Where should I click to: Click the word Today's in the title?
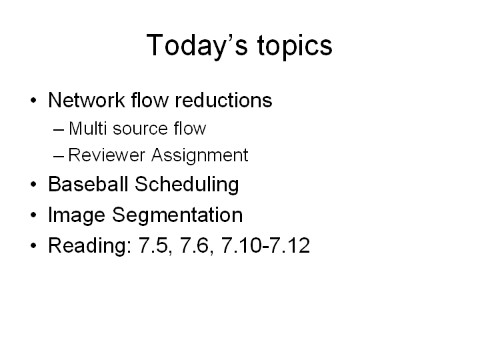tap(197, 46)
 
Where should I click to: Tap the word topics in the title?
tap(295, 46)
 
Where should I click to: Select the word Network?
tap(87, 100)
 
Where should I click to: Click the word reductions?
tap(223, 100)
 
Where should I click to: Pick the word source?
tap(140, 129)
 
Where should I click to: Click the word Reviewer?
tap(107, 155)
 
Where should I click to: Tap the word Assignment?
tap(199, 155)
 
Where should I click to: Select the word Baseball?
tap(88, 184)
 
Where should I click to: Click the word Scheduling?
tap(187, 185)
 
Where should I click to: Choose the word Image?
tap(77, 215)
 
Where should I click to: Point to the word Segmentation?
tap(177, 215)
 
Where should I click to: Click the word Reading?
tap(90, 246)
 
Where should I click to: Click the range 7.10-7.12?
tap(266, 245)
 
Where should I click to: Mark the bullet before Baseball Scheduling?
tap(34, 184)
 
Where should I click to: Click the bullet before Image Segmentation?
tap(34, 215)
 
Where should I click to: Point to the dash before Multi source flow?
tap(59, 129)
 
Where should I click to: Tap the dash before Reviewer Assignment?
tap(59, 157)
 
